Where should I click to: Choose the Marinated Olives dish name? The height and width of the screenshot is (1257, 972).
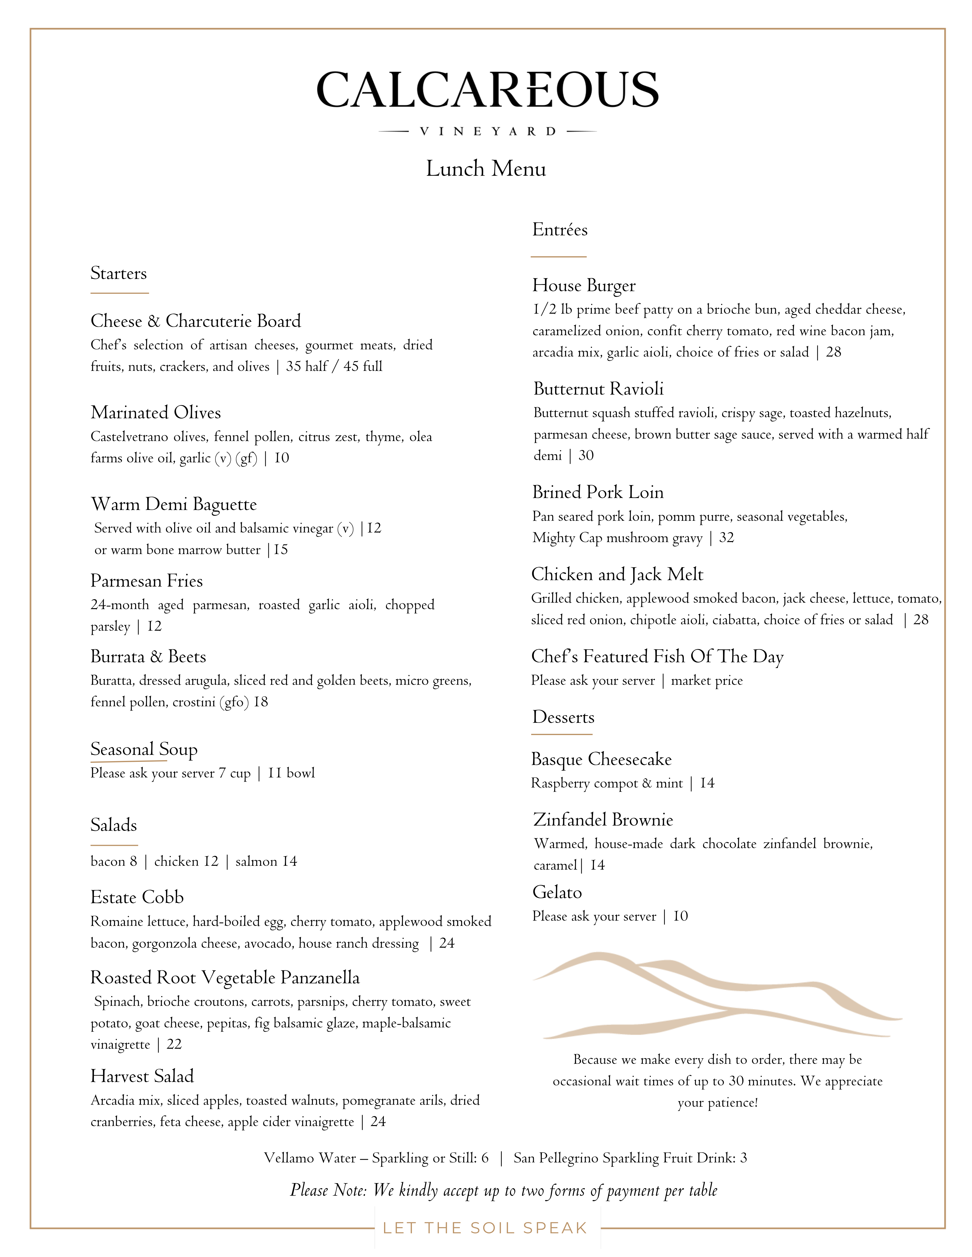click(x=155, y=413)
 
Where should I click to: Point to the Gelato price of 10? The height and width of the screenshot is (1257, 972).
click(x=681, y=916)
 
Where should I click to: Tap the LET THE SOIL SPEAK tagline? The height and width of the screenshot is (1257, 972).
click(x=485, y=1228)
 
